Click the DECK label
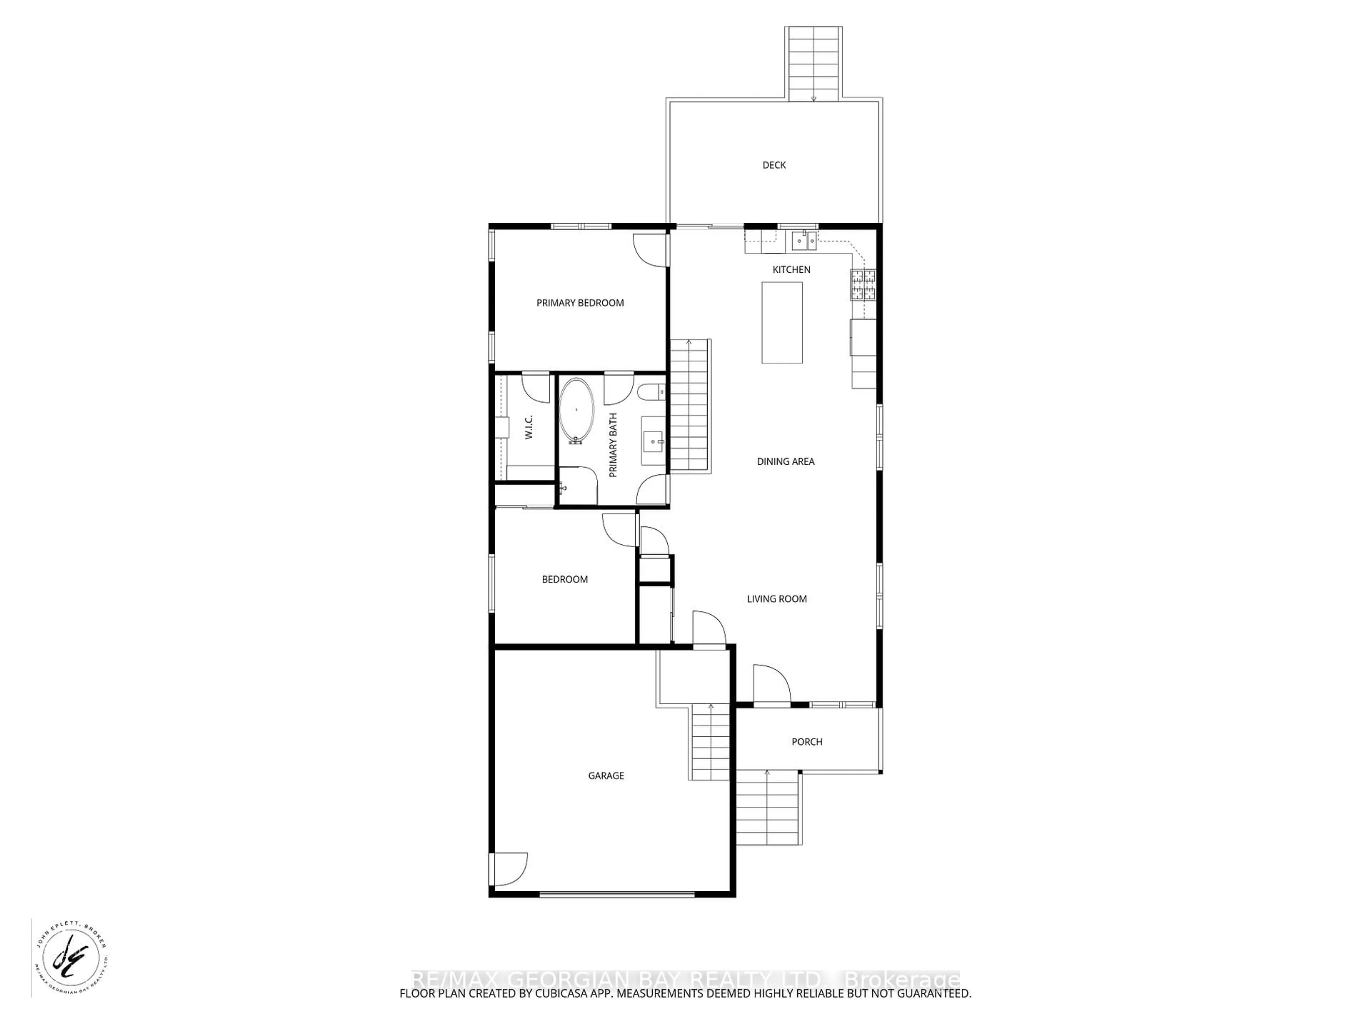click(x=774, y=165)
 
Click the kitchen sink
click(x=804, y=240)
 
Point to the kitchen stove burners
click(x=863, y=285)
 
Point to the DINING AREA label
click(x=785, y=461)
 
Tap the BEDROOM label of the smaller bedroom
click(x=564, y=579)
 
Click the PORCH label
click(x=807, y=742)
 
